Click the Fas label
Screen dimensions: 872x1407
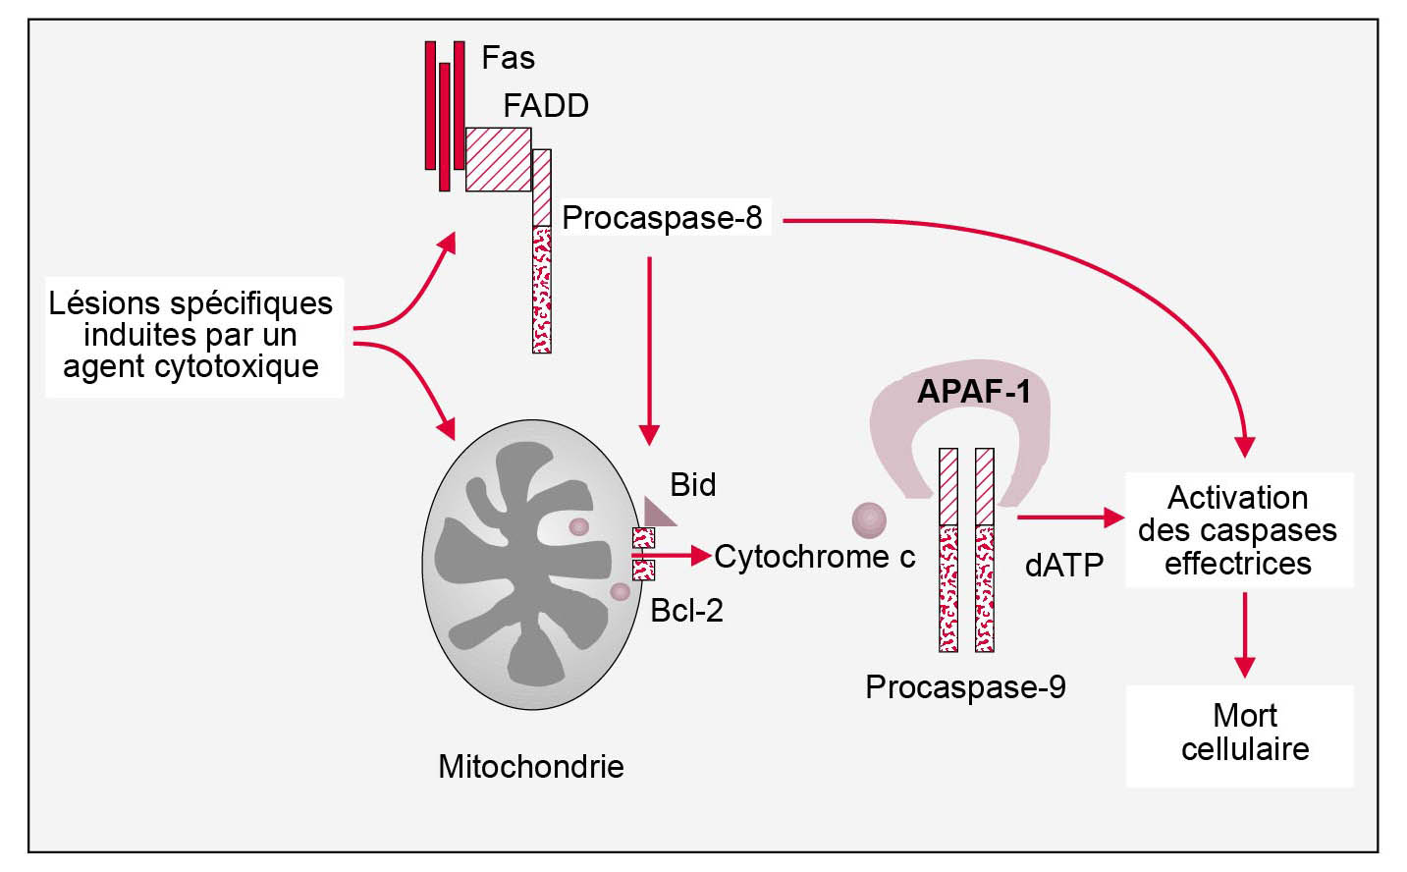(x=508, y=58)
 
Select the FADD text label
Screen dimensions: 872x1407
(x=546, y=106)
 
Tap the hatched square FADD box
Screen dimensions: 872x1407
(x=498, y=159)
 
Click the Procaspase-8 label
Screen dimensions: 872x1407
(x=662, y=218)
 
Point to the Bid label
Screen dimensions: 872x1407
(x=693, y=485)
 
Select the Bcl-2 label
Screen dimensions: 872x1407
(x=686, y=611)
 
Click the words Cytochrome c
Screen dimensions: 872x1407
(x=814, y=557)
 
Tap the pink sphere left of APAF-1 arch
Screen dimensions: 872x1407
(x=869, y=520)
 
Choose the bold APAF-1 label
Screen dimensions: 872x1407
(x=974, y=392)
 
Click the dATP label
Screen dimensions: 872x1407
(x=1063, y=566)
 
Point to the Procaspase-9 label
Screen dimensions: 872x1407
(x=965, y=687)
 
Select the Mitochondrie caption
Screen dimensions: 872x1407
(x=530, y=767)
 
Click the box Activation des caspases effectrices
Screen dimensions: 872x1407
(x=1237, y=530)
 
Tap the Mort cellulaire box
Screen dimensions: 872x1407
(x=1244, y=733)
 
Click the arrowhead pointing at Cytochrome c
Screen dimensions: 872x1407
(x=701, y=556)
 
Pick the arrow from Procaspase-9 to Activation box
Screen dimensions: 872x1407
(x=1070, y=517)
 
